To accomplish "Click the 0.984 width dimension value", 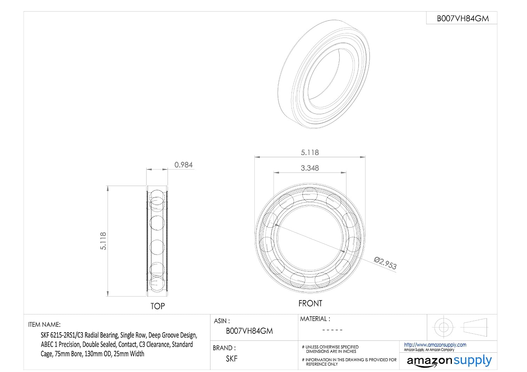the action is point(183,165).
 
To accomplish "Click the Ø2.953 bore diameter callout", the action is point(385,263).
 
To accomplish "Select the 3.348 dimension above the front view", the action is point(310,168).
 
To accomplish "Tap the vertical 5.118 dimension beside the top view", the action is point(103,241).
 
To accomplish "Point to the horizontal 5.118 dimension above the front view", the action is point(310,153).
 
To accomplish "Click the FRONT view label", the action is point(310,303).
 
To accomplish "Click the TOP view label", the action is point(158,306).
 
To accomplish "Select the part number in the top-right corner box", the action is point(463,18).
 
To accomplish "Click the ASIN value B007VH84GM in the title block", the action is point(249,331).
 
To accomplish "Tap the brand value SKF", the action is point(232,359).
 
